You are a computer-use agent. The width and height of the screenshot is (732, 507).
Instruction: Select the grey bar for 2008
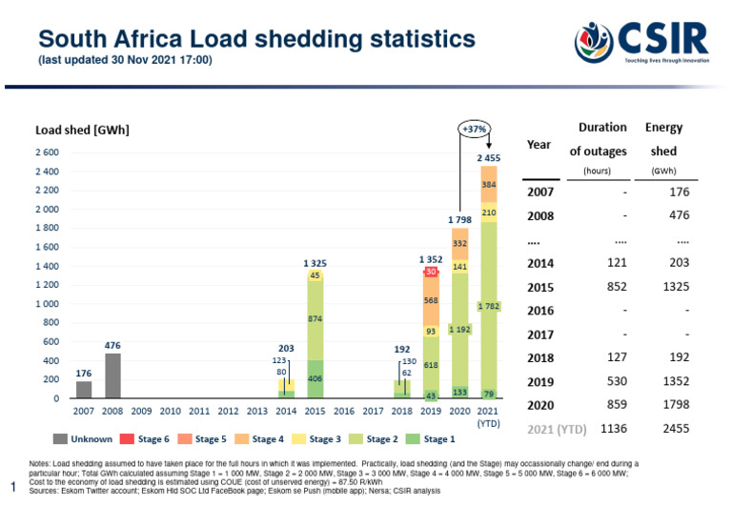click(112, 375)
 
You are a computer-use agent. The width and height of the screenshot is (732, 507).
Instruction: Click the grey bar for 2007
click(84, 390)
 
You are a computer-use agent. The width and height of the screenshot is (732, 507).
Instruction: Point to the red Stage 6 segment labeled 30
click(431, 272)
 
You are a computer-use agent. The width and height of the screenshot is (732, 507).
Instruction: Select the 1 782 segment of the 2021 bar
click(488, 306)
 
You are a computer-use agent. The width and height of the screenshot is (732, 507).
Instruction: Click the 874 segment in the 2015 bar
click(315, 318)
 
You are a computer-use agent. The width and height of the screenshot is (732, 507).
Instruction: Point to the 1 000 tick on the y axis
click(47, 304)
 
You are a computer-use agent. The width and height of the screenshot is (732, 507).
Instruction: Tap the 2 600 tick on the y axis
click(47, 153)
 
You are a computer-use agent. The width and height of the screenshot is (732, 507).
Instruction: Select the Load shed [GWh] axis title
click(82, 130)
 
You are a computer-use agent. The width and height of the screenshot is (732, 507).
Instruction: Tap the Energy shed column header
click(663, 139)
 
